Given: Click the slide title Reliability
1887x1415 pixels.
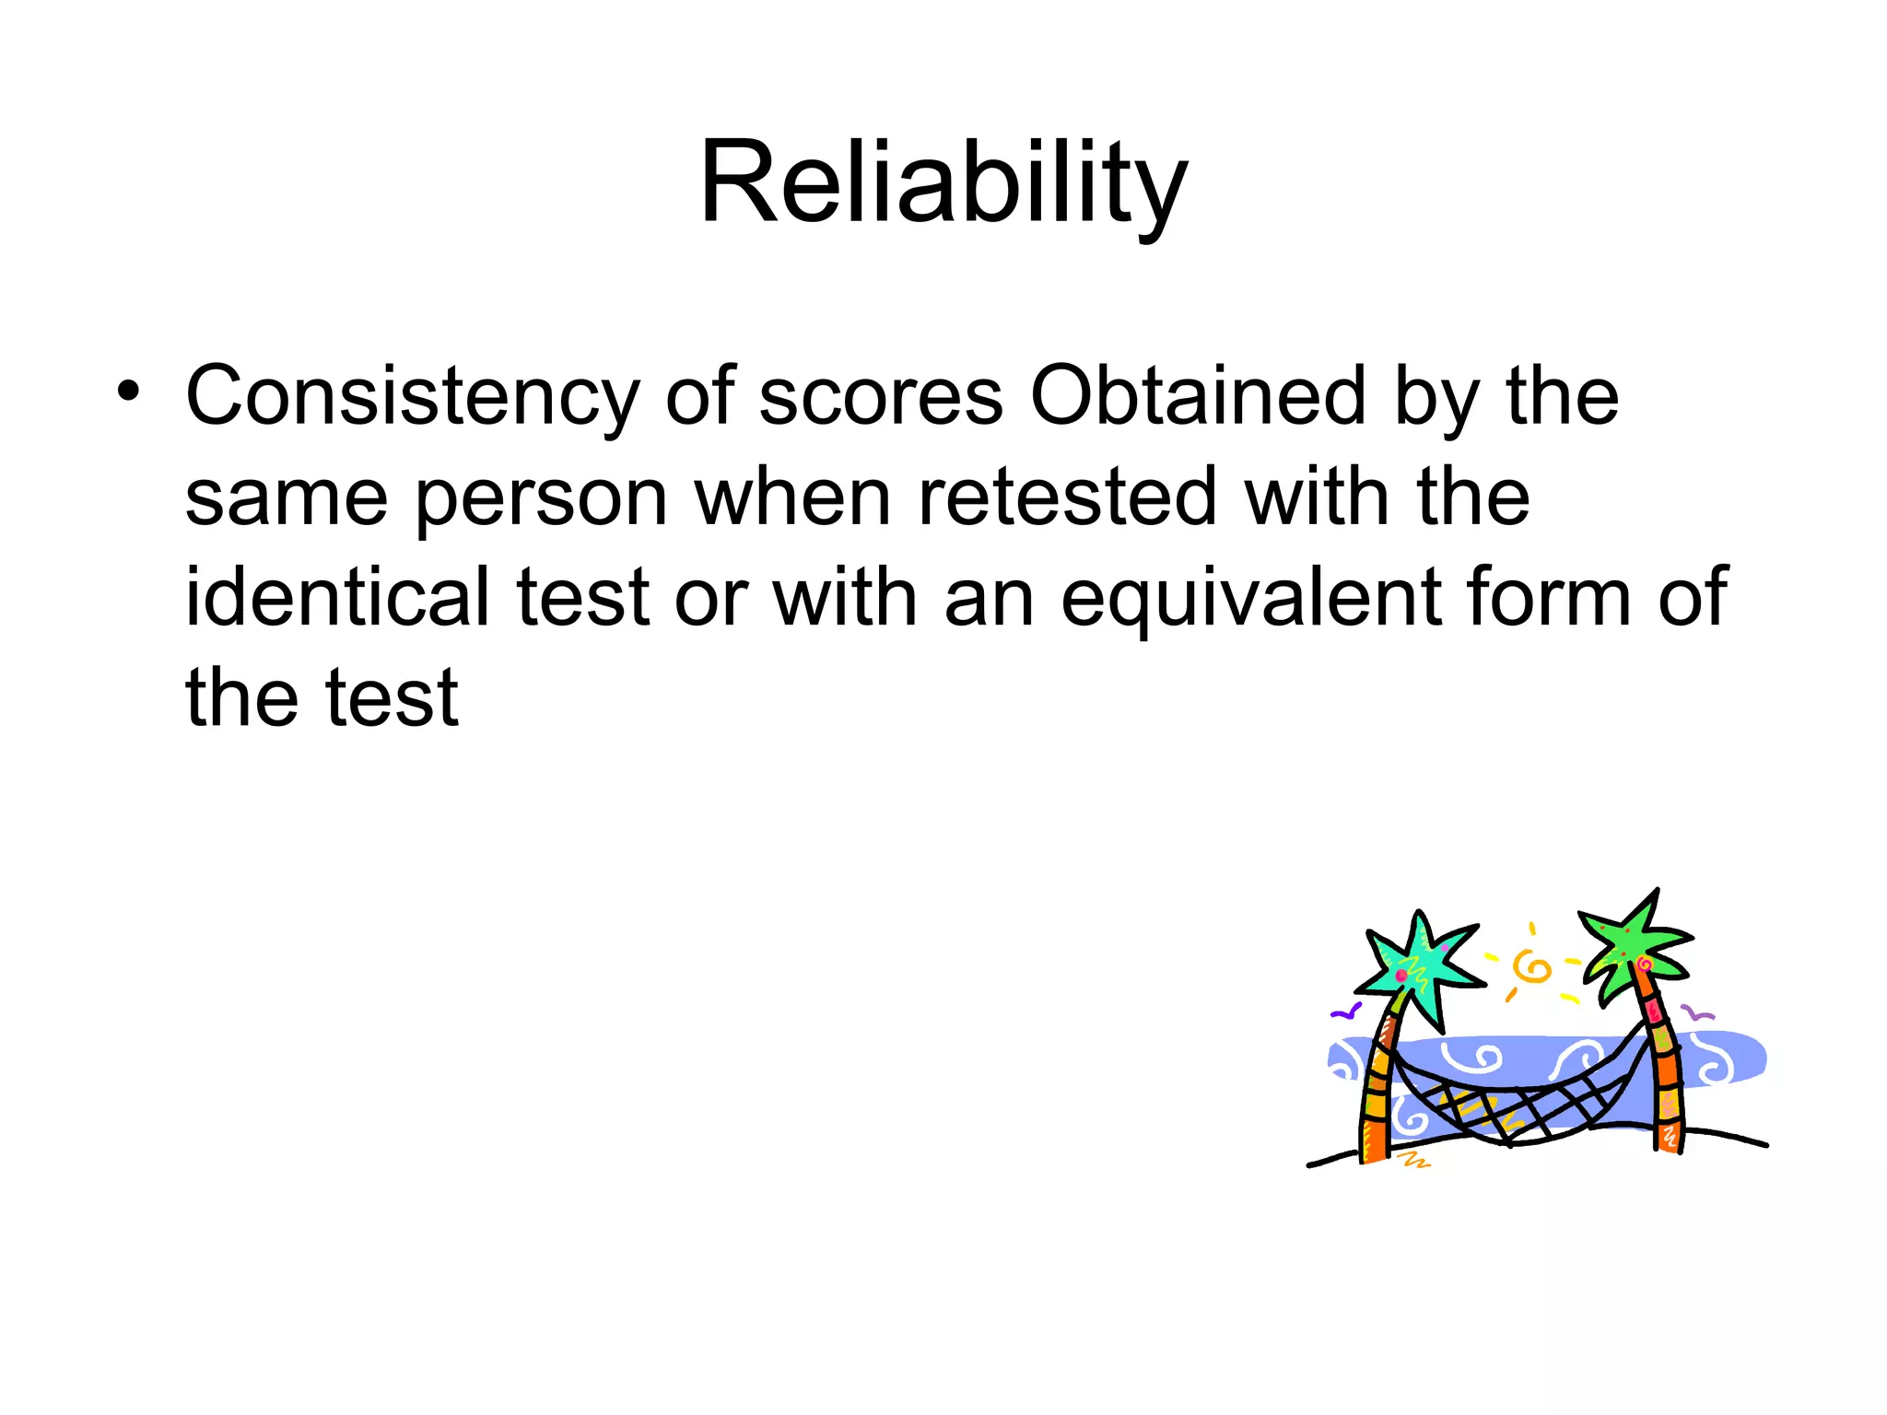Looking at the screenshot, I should pos(943,182).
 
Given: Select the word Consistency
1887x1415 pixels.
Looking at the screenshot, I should pos(412,396).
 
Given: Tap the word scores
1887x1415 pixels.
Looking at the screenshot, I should pos(880,396).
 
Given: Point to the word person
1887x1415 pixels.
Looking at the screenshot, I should pos(541,498).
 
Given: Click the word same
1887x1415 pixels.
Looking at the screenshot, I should pos(286,498).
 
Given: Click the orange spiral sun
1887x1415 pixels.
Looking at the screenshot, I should pos(1532,967).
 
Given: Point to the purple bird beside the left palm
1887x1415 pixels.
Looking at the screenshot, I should pos(1345,1012).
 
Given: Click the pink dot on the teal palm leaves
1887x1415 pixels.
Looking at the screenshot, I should pos(1401,975).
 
